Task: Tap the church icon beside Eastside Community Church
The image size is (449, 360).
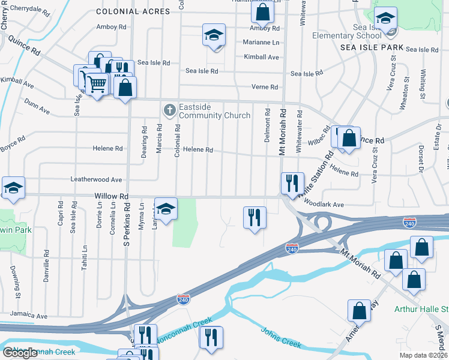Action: tap(170, 110)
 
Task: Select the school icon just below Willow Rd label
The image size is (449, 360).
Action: tap(166, 208)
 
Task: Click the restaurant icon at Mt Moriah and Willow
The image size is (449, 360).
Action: tap(292, 183)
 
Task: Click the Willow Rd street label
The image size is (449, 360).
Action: tap(112, 196)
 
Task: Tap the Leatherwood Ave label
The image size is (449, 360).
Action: tap(96, 179)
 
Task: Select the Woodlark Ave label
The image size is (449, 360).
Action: tap(324, 205)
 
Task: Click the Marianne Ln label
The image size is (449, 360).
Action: tap(261, 42)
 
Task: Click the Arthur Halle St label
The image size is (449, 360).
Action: tap(421, 310)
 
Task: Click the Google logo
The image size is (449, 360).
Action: tap(20, 353)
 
